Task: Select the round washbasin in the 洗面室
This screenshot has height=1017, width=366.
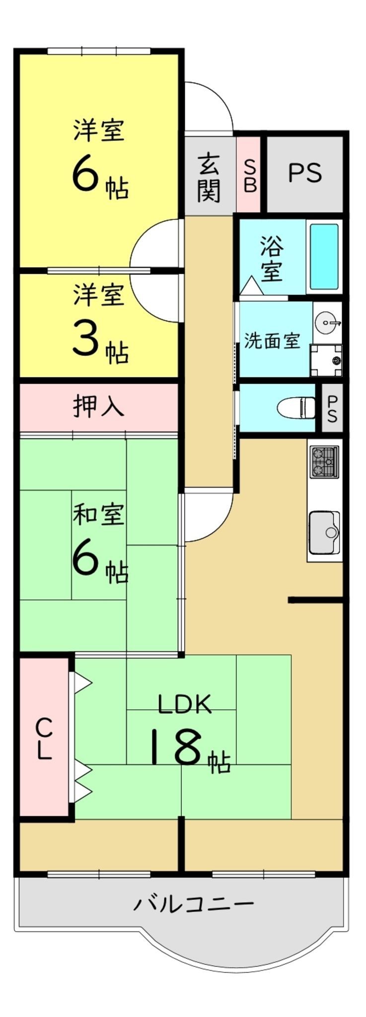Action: (327, 323)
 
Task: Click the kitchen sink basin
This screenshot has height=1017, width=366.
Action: (325, 532)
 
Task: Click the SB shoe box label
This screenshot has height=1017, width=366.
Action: (249, 176)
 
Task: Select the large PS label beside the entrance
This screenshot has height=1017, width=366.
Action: (305, 173)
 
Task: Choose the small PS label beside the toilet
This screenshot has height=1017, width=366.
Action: (332, 408)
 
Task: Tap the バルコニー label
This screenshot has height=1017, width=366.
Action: (194, 903)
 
